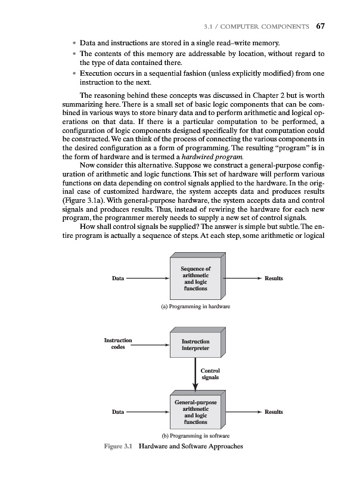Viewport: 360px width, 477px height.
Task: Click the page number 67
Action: tap(321, 26)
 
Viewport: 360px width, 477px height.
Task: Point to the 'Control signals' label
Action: tap(211, 374)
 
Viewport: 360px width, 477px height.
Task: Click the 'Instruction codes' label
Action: tap(118, 344)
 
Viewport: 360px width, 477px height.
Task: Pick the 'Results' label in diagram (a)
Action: tap(274, 278)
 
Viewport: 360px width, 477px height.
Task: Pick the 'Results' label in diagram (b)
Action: tap(274, 412)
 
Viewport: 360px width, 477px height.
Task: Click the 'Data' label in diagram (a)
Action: tap(118, 278)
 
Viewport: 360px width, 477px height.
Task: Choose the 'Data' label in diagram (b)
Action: tap(118, 412)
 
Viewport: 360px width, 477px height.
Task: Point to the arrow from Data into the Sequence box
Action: tap(148, 278)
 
